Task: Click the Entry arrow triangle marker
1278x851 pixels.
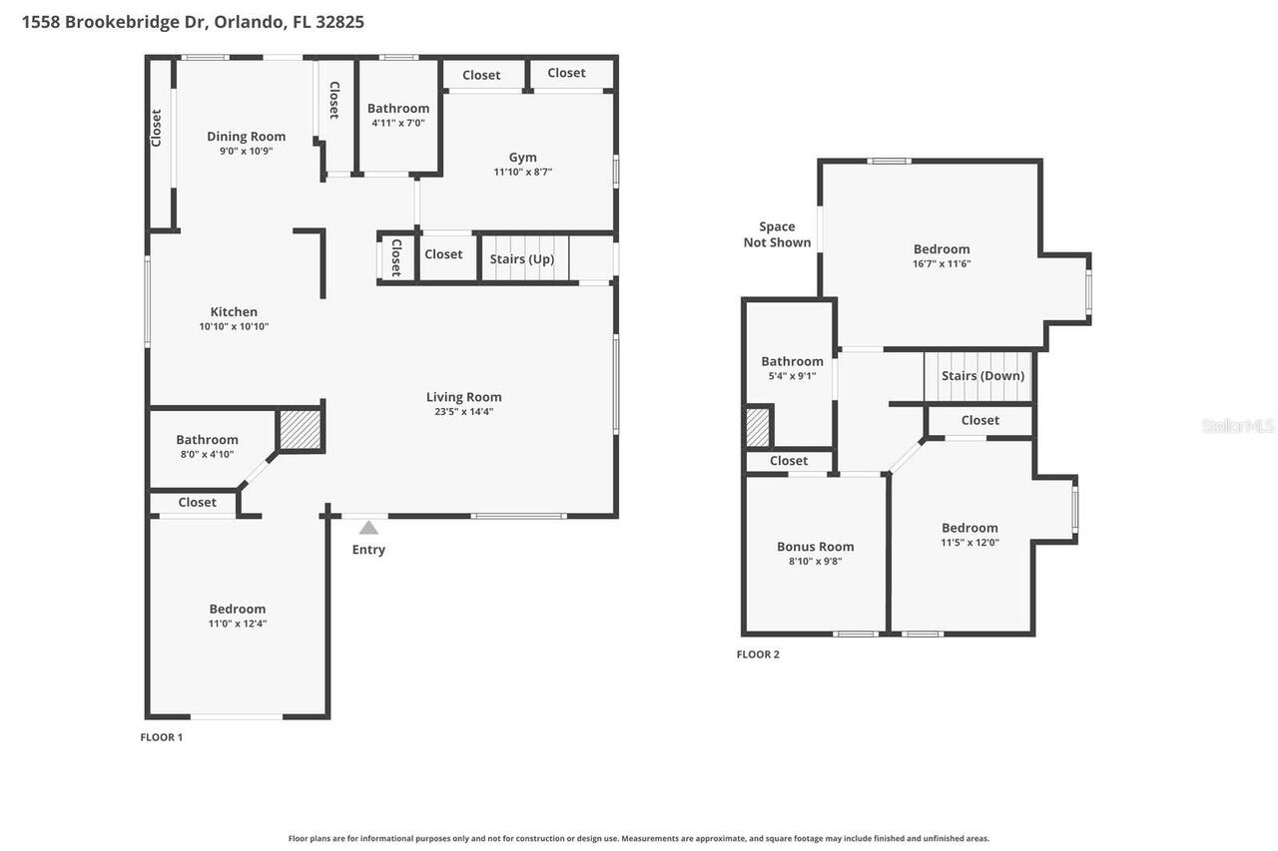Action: (368, 528)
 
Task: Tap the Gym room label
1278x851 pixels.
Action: (522, 157)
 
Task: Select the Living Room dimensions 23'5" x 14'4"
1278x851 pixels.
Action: (463, 411)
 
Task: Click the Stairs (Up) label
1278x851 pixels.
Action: (522, 259)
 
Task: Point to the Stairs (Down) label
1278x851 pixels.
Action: (982, 376)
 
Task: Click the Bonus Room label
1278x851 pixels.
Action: (815, 547)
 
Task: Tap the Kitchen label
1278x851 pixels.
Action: (234, 312)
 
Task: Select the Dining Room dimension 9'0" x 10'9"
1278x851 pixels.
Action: (246, 152)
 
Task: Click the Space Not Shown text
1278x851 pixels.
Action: (777, 234)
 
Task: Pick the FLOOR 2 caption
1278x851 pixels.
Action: (758, 654)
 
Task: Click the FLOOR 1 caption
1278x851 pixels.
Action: (161, 737)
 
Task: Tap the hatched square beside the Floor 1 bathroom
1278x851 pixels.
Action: (299, 430)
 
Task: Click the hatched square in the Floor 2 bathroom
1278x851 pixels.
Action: (759, 427)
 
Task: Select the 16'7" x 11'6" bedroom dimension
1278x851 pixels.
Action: (942, 264)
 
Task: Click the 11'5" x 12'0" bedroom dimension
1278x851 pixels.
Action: (969, 543)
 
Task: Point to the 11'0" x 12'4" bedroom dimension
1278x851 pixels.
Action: (238, 624)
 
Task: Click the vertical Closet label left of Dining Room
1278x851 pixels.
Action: (157, 128)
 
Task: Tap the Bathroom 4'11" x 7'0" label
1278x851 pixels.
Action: (397, 109)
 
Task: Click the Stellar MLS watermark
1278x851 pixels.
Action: (1238, 426)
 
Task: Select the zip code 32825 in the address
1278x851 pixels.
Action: (339, 22)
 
